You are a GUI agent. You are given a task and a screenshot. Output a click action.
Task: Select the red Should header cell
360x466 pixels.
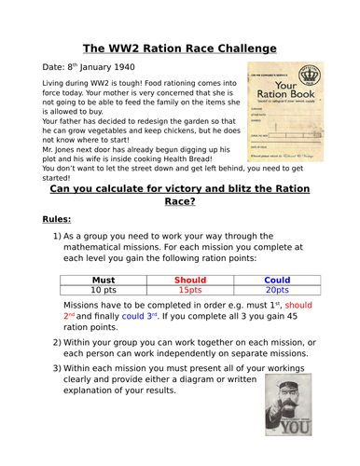click(x=189, y=279)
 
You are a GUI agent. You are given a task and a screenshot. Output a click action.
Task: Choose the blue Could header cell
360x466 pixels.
click(x=276, y=279)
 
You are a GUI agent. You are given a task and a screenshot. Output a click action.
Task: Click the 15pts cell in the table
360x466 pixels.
click(x=189, y=290)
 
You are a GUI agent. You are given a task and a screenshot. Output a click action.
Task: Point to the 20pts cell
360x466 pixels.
click(x=276, y=290)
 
